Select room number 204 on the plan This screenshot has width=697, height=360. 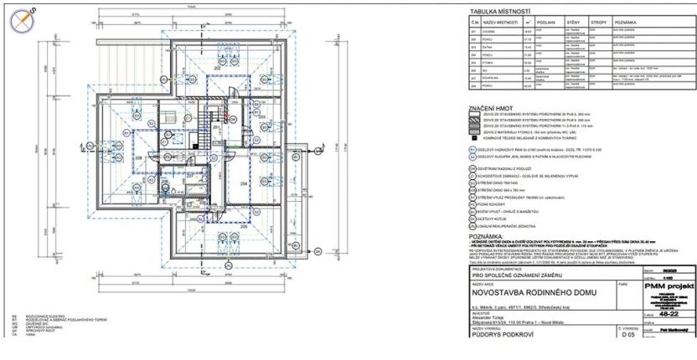click(x=245, y=183)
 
